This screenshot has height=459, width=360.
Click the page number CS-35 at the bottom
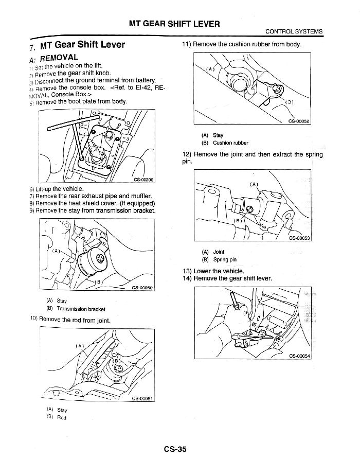[x=175, y=449]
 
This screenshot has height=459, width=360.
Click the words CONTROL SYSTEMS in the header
[x=294, y=32]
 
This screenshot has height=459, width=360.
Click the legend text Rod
[x=62, y=418]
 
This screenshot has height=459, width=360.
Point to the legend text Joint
[x=219, y=252]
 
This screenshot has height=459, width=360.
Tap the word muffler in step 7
[x=141, y=196]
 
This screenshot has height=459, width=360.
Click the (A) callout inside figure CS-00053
[x=254, y=183]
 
